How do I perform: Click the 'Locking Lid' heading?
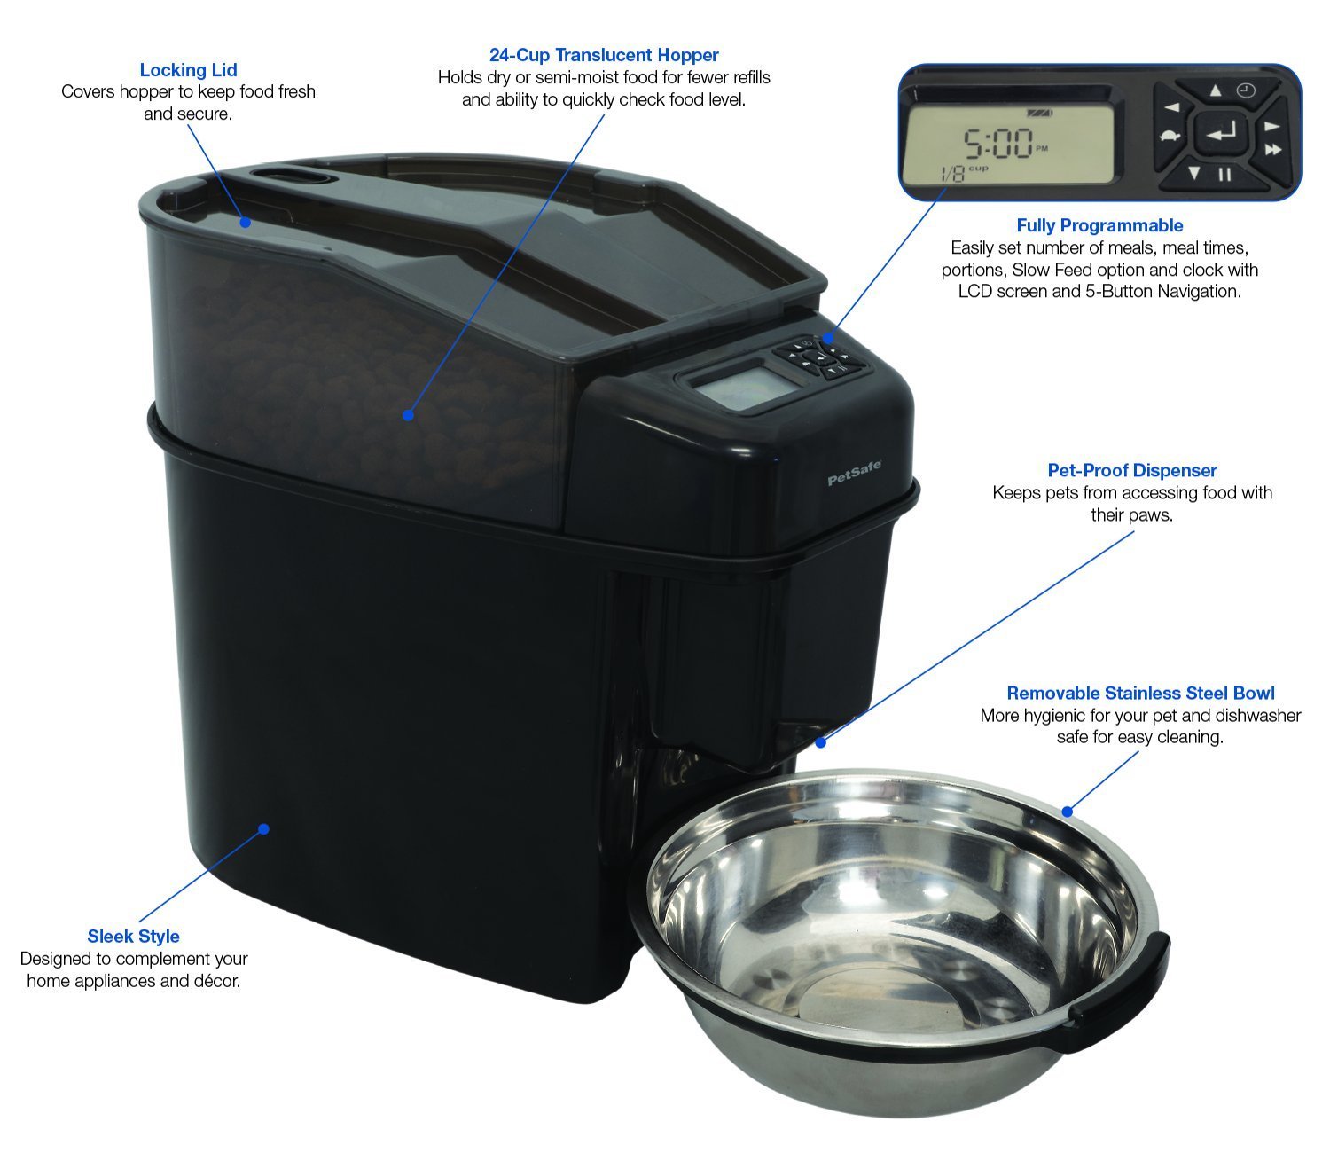pos(188,70)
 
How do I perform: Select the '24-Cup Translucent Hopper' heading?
pos(604,56)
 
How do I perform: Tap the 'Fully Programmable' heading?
pos(1099,225)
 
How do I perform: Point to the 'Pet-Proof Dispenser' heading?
pos(1132,470)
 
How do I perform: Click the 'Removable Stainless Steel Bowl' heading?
pos(1140,693)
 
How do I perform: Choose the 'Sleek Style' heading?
pos(133,936)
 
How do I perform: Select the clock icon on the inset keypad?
pos(1247,90)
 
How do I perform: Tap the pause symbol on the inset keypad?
pos(1224,174)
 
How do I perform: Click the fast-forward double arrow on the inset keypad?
pos(1273,150)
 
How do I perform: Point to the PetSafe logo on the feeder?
pos(855,477)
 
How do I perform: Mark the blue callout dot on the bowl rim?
pos(1068,811)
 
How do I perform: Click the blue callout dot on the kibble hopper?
pos(408,414)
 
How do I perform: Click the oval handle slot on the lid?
pos(291,175)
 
